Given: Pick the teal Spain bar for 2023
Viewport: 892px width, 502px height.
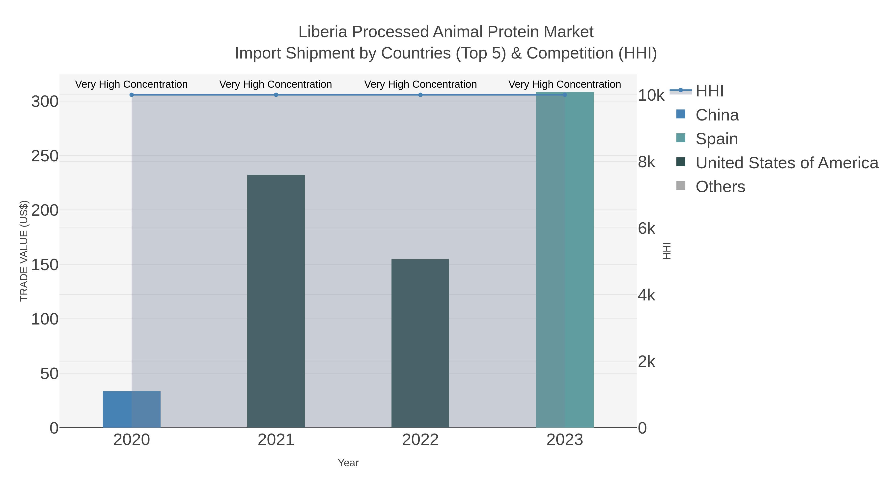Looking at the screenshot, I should coord(564,260).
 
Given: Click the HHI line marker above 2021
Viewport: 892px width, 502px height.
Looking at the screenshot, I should coord(276,95).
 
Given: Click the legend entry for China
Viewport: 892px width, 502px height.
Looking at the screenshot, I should coord(717,115).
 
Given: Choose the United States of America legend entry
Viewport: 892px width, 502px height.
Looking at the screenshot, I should coord(786,163).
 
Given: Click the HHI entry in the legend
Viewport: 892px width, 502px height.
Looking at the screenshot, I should coord(709,91).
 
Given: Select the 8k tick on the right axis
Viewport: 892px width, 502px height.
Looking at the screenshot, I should coord(646,162).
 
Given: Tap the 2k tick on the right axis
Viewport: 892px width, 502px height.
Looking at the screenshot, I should coord(646,362).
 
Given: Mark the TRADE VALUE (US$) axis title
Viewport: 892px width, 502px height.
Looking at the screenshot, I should coord(24,251).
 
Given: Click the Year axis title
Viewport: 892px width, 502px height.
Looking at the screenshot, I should coord(348,463).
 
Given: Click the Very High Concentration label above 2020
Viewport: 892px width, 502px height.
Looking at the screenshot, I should coord(132,84).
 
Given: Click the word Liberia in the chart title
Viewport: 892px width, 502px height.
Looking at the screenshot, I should coord(322,32).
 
